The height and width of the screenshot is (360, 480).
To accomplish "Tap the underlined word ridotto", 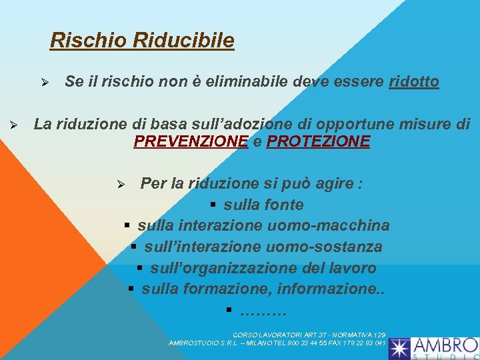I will pyautogui.click(x=413, y=82).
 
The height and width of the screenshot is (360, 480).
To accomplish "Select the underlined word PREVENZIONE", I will pyautogui.click(x=191, y=141).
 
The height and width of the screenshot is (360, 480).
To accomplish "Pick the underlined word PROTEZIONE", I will pyautogui.click(x=318, y=141).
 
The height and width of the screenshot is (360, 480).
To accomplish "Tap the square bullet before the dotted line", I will pyautogui.click(x=228, y=311).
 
